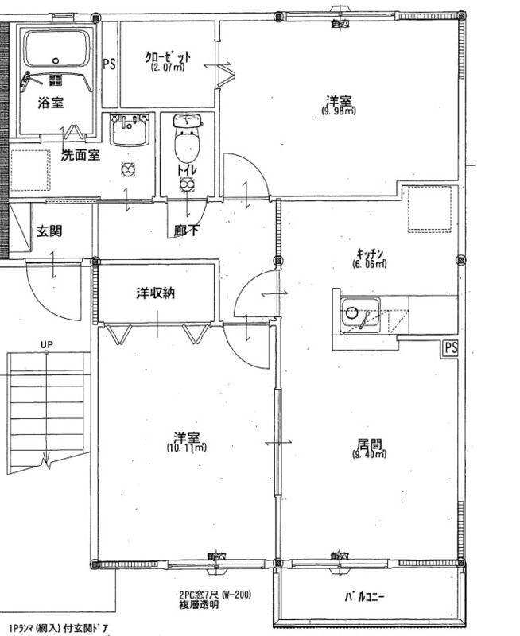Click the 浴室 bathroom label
(52, 103)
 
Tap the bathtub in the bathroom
(56, 49)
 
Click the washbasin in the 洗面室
(130, 130)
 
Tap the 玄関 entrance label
(49, 231)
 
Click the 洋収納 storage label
(154, 293)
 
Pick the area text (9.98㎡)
(339, 111)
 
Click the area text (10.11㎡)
(187, 448)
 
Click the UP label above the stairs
(46, 345)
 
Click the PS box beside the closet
(109, 64)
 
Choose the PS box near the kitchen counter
(450, 348)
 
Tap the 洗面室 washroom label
(80, 156)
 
